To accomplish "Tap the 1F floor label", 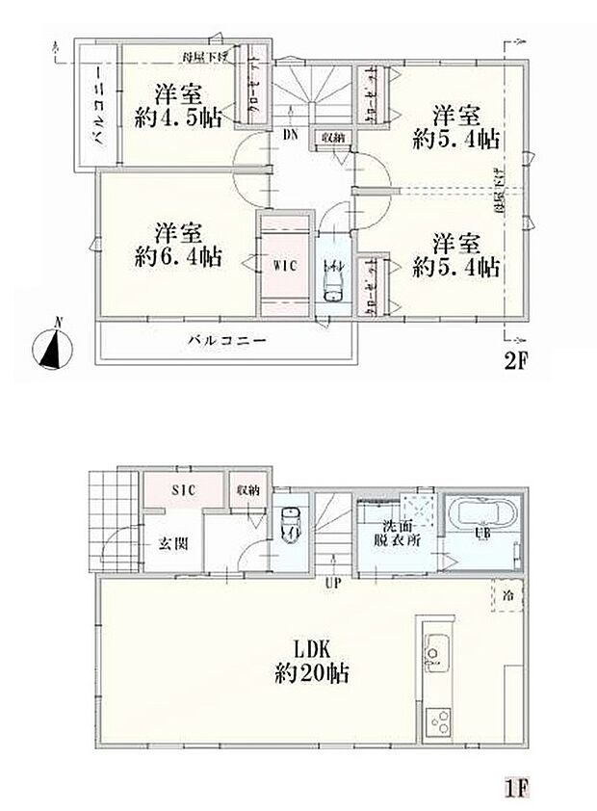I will (x=516, y=788).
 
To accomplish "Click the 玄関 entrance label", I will (x=173, y=543).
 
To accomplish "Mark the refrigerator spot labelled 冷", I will (x=507, y=594).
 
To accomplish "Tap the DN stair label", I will (x=290, y=136).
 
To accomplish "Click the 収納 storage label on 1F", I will (x=248, y=490).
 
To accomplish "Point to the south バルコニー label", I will (x=226, y=340).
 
